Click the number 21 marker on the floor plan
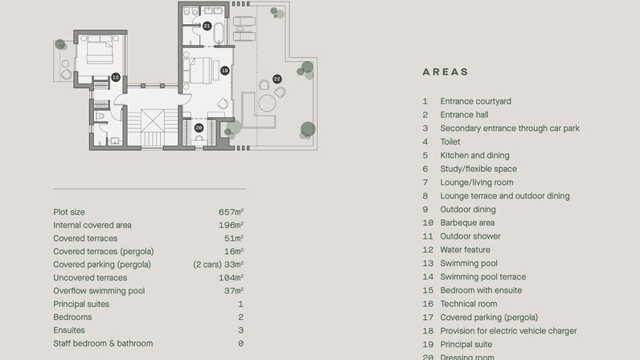pos(207,27)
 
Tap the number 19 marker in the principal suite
pos(225,71)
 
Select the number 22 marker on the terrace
pos(277,80)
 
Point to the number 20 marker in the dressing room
pos(199,128)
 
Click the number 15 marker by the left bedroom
pos(116,77)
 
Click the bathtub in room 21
pos(219,33)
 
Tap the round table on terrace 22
pos(268,104)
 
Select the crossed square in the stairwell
pos(153,121)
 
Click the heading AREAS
pos(445,72)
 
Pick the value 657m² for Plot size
pos(231,212)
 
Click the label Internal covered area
pos(92,225)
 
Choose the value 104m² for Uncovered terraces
pos(231,277)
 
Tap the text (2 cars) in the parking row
pos(207,264)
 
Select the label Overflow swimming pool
pos(99,291)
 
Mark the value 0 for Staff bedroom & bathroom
pos(241,343)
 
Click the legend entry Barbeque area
pos(467,223)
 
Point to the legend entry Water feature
pos(466,250)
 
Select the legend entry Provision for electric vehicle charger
pos(509,330)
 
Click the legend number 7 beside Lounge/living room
pos(425,182)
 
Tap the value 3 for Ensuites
pos(241,330)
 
